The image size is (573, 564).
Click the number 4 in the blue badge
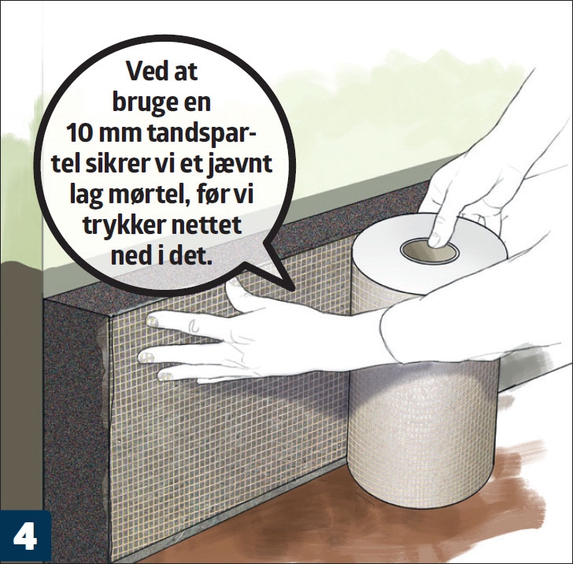click(25, 538)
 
